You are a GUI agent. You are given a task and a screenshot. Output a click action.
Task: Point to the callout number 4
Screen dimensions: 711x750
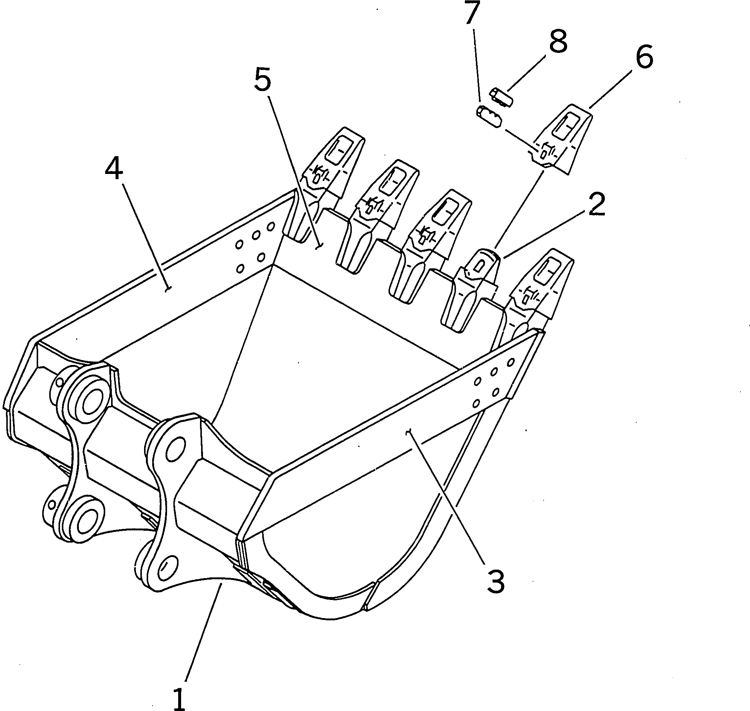coord(114,169)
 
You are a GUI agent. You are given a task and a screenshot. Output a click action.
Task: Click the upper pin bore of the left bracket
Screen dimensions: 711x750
coord(91,402)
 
